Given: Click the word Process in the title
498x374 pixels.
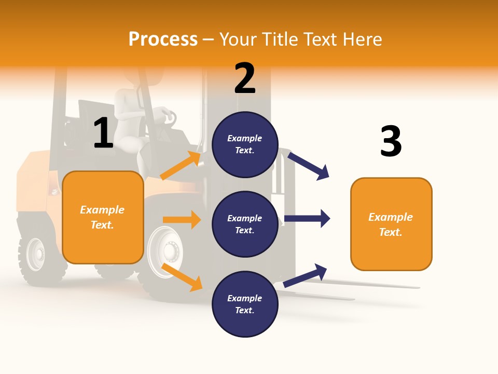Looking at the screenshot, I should pyautogui.click(x=163, y=39).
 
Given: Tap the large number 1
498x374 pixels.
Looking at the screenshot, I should pyautogui.click(x=103, y=133).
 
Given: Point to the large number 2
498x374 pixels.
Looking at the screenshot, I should pyautogui.click(x=245, y=78).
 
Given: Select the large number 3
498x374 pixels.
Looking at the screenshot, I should pyautogui.click(x=391, y=141).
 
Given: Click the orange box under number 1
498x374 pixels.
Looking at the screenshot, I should pyautogui.click(x=103, y=217).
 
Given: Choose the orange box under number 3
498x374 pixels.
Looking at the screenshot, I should pyautogui.click(x=391, y=224).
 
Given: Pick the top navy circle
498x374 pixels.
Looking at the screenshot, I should pyautogui.click(x=245, y=144).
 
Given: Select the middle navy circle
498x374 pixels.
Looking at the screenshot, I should pyautogui.click(x=245, y=224).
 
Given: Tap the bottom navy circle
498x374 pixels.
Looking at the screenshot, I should pyautogui.click(x=245, y=304).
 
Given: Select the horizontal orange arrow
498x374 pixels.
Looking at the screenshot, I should pyautogui.click(x=182, y=220).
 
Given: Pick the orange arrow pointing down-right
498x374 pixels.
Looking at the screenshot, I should pyautogui.click(x=182, y=277).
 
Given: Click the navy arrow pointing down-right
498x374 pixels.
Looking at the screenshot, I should pyautogui.click(x=309, y=166).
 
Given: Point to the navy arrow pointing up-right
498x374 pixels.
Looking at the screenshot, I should pyautogui.click(x=306, y=275).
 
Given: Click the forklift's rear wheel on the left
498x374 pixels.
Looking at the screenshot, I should pyautogui.click(x=36, y=255).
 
